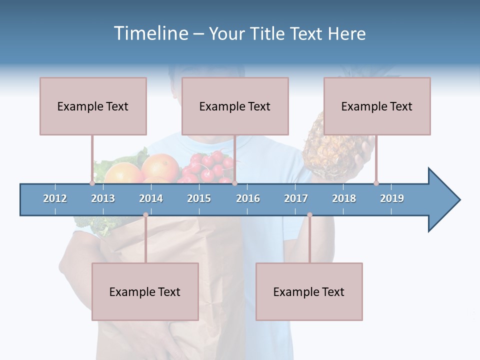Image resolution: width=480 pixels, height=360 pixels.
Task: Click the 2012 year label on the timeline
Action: tap(55, 198)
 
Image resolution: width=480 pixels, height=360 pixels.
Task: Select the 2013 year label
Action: tap(103, 198)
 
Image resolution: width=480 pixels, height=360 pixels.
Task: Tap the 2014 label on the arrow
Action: tap(151, 198)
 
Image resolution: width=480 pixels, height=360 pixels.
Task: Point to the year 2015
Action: tap(199, 198)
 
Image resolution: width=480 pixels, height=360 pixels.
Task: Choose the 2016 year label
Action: tap(248, 198)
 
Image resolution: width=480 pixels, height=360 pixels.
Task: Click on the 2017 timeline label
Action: tap(296, 198)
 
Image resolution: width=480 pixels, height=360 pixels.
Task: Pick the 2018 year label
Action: tap(344, 198)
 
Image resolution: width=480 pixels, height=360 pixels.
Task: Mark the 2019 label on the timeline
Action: tap(392, 198)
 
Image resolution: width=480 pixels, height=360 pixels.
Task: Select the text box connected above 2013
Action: tap(93, 106)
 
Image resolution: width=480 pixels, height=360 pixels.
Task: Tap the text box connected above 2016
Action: tap(235, 106)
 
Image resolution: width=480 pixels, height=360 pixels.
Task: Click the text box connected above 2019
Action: tap(377, 106)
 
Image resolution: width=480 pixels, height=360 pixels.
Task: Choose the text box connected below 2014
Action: tap(145, 291)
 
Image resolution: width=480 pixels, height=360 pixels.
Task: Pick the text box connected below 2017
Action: tap(309, 291)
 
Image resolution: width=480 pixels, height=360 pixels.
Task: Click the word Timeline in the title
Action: tap(150, 33)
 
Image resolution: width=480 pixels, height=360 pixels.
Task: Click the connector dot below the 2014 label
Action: tap(145, 215)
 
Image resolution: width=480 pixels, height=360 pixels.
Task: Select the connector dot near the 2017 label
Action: tap(309, 215)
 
